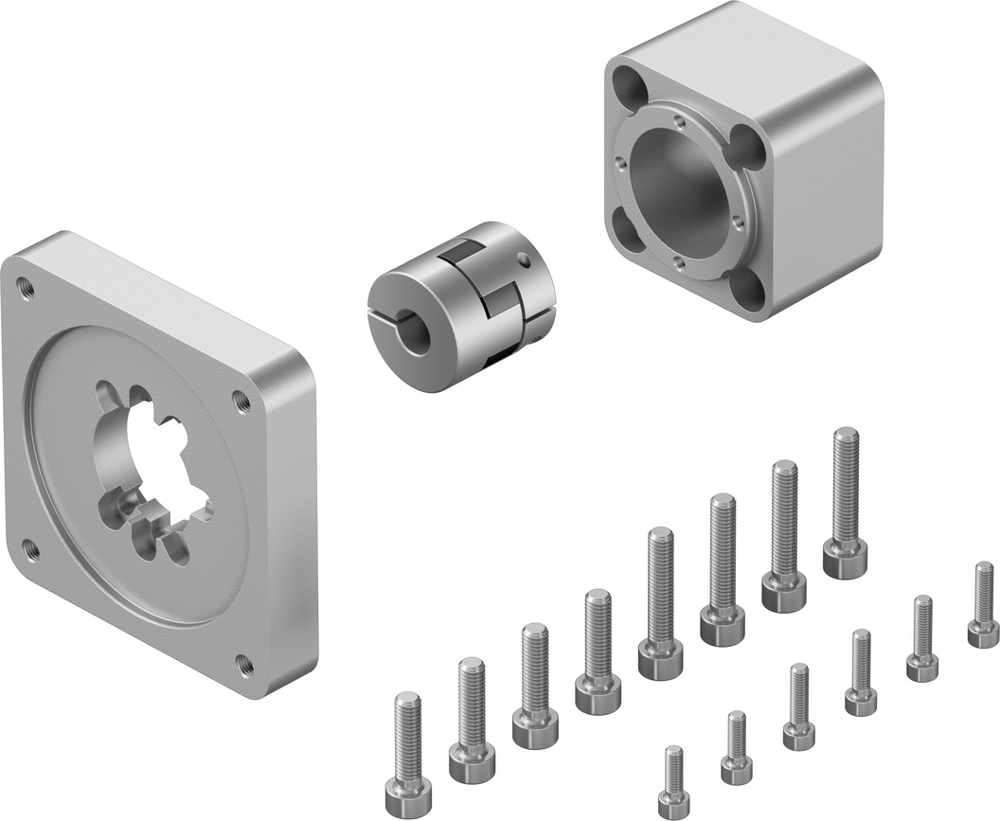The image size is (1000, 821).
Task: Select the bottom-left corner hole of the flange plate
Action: [x=30, y=546]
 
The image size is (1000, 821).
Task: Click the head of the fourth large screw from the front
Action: [x=598, y=697]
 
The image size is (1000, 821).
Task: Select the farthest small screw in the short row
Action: [x=984, y=606]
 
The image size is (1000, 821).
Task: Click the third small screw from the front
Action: [x=799, y=707]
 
